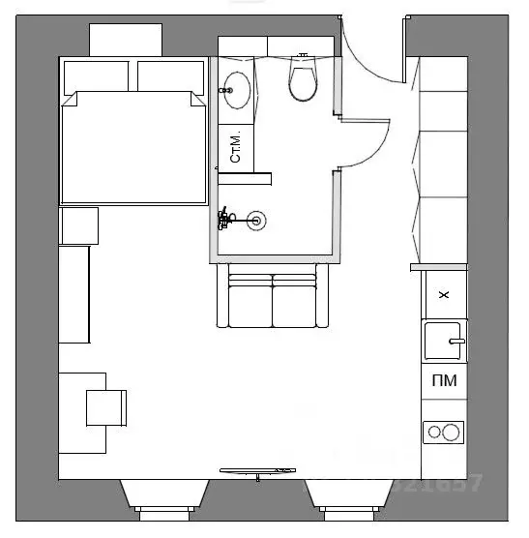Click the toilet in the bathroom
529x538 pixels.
[x=303, y=81]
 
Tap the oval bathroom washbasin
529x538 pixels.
[x=235, y=91]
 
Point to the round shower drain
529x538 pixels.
[x=257, y=220]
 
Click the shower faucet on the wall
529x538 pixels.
[x=226, y=218]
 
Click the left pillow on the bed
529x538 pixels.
[x=96, y=75]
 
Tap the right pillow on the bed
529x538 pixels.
[x=169, y=75]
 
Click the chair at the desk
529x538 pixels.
[x=106, y=407]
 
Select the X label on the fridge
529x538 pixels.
[x=444, y=295]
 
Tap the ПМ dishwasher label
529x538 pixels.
[x=444, y=382]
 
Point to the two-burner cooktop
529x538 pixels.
[x=444, y=432]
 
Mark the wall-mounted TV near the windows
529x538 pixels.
[x=256, y=471]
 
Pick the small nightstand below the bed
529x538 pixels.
[x=79, y=225]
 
